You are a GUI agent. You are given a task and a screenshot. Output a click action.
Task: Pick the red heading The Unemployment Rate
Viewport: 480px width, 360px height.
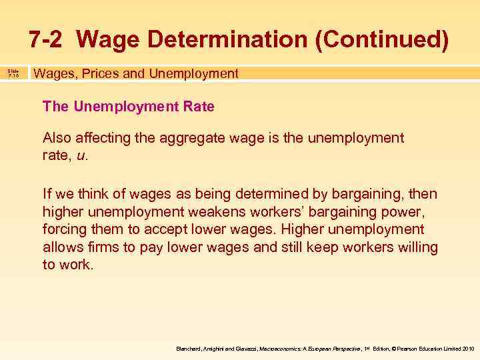128,107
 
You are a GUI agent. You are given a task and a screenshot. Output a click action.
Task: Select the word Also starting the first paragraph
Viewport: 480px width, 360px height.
56,138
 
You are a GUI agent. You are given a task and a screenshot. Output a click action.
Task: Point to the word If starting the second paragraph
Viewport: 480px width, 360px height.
47,194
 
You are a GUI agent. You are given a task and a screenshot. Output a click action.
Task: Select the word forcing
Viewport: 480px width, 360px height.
63,229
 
